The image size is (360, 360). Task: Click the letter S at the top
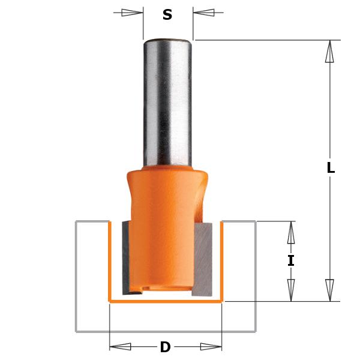coord(167,15)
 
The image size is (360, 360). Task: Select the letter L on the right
coord(330,168)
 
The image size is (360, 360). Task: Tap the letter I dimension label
coord(291,261)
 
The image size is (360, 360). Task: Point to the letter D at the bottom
coord(165,347)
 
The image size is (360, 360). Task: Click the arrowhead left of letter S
coord(132,12)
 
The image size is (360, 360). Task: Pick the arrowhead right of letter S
coord(204,12)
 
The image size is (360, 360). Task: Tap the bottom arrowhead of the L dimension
coord(329,290)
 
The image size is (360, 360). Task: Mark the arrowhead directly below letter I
coord(291,290)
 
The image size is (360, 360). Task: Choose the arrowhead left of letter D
coord(121,346)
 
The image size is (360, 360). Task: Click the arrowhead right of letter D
coord(211,346)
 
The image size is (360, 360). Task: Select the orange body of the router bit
coord(166,228)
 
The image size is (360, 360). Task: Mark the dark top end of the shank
coord(167,41)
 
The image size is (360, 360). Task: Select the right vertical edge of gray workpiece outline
coord(256,276)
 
